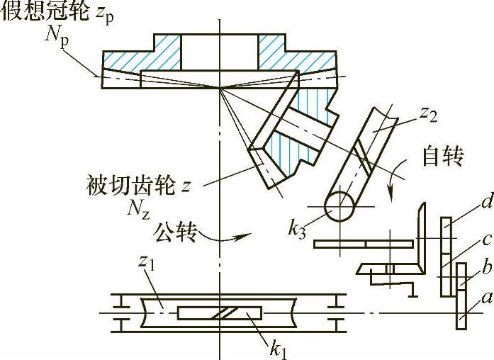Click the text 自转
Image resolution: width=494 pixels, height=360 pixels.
coord(443,155)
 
